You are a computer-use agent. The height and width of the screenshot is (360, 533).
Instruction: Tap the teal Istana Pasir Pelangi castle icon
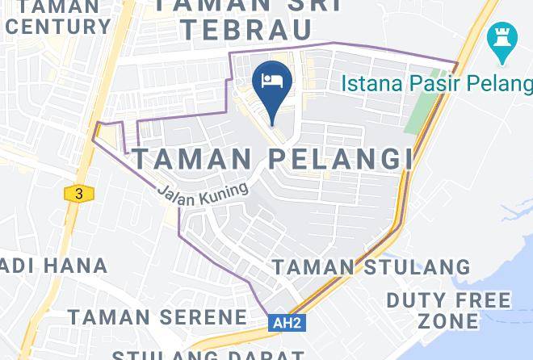click(x=501, y=40)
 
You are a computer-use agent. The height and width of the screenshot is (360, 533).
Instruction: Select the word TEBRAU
click(x=246, y=30)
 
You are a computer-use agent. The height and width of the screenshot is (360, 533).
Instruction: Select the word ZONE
click(x=447, y=320)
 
